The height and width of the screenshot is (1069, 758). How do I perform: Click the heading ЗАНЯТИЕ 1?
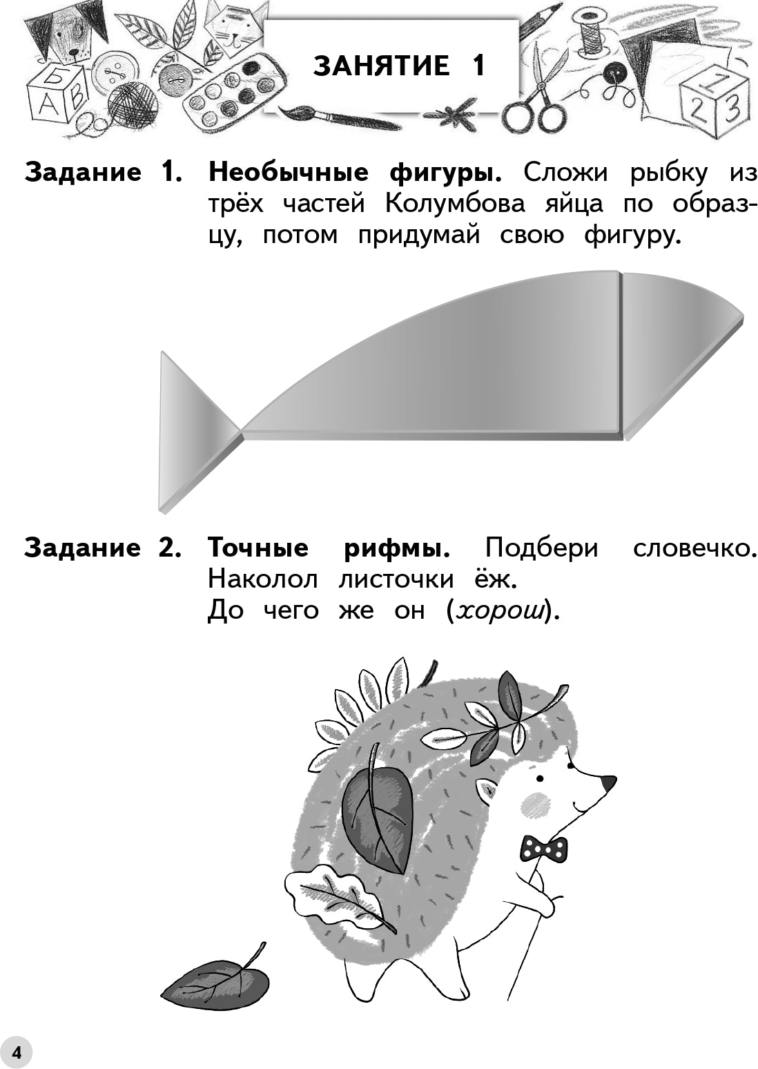click(399, 66)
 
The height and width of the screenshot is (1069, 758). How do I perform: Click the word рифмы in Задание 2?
click(397, 548)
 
